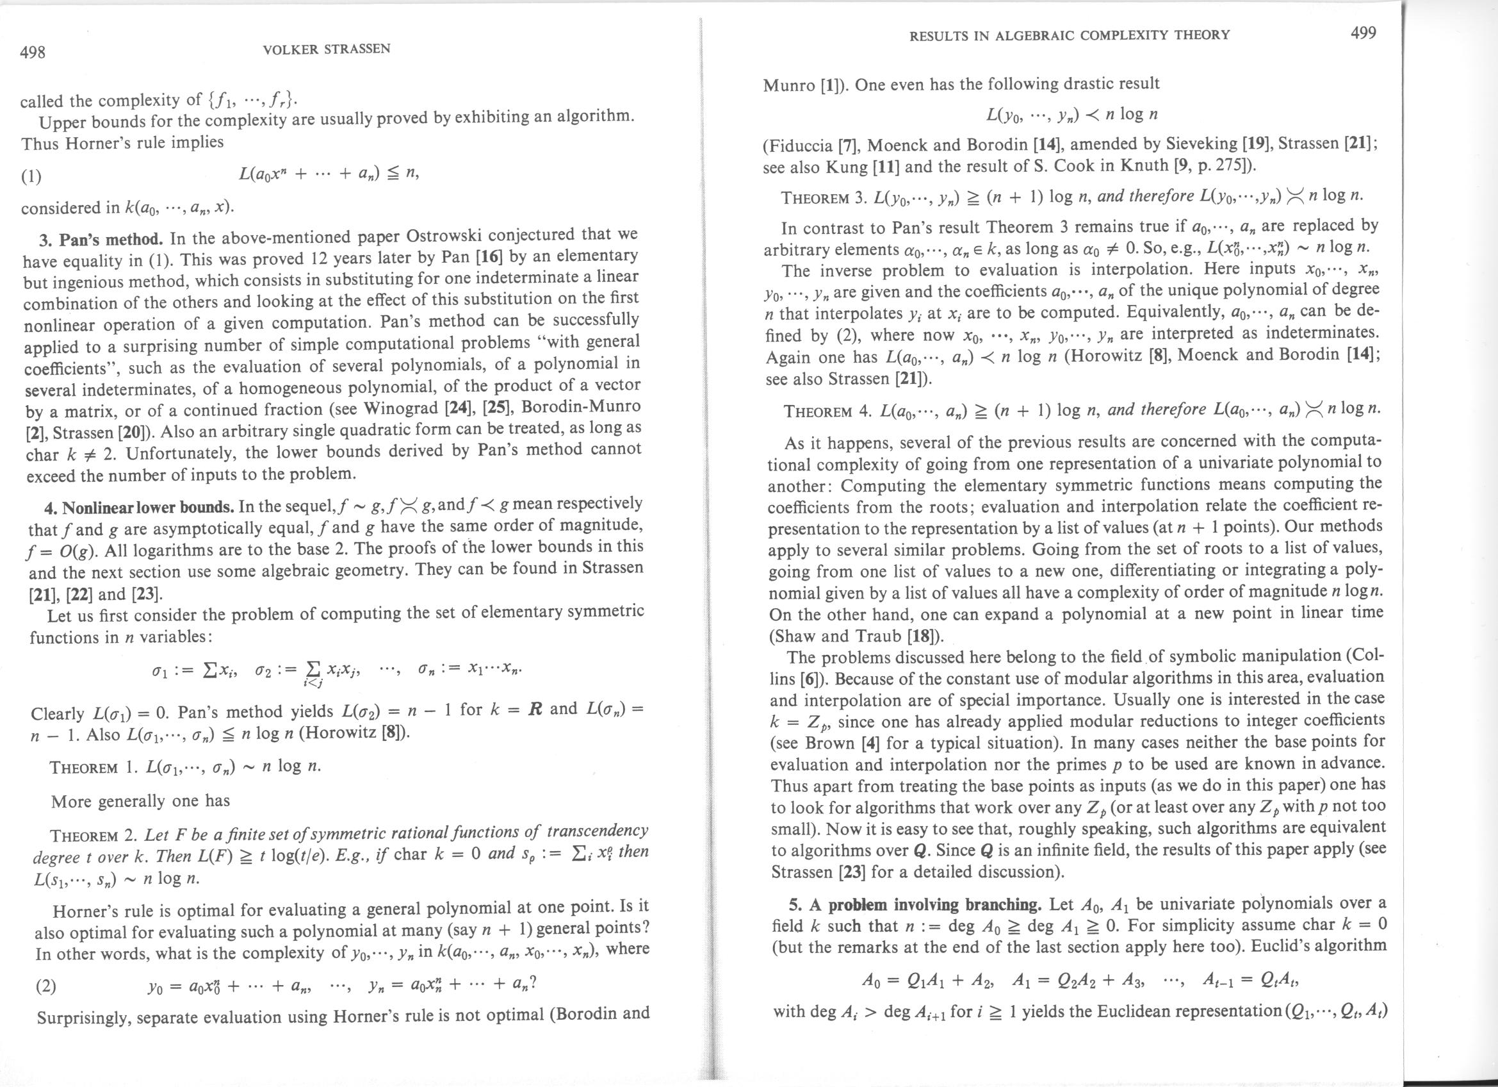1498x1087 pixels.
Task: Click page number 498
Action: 33,51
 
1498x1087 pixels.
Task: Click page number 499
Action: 1363,33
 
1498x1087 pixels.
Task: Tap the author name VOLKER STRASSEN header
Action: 326,49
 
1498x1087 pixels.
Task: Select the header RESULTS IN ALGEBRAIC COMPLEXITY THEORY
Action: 1070,35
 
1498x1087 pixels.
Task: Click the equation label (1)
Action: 30,176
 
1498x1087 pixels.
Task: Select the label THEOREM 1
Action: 93,768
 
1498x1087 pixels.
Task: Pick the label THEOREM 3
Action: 823,198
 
